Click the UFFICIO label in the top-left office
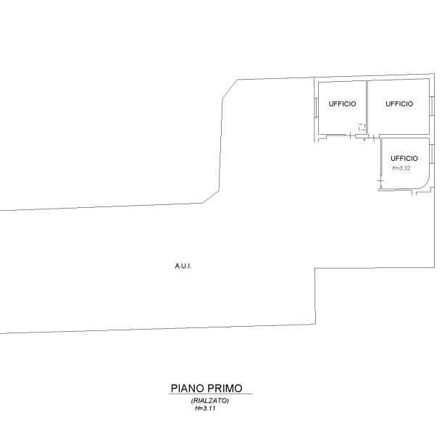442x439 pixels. click(342, 104)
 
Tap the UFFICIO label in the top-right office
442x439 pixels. click(399, 104)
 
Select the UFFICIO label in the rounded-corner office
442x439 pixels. click(404, 158)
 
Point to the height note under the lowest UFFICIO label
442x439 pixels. click(401, 168)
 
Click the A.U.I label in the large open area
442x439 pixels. click(183, 267)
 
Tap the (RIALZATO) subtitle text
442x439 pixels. click(210, 401)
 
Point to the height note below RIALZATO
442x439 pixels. click(206, 409)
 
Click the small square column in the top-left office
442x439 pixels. click(361, 127)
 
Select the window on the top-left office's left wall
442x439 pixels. click(316, 109)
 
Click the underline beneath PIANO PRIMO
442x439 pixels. click(210, 395)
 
